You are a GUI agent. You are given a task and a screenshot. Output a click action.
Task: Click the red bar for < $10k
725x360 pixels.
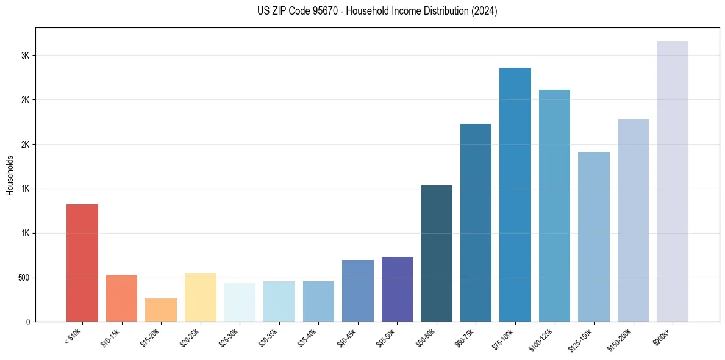pos(82,263)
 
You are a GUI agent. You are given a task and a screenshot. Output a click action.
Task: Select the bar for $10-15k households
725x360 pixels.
pos(121,298)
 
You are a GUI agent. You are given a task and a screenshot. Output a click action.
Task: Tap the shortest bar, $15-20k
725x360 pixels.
pos(161,310)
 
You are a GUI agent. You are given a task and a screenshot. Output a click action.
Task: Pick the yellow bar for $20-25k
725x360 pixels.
pos(201,297)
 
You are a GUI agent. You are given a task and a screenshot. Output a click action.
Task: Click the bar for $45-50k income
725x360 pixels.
pos(397,289)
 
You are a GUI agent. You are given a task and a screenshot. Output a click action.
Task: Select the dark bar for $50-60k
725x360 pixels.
pos(437,253)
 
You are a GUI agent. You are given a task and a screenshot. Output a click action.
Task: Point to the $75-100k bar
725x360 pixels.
pos(515,195)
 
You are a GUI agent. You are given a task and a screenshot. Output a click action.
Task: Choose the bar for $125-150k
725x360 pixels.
pos(594,237)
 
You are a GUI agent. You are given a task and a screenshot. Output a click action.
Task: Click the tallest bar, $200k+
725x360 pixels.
pos(673,181)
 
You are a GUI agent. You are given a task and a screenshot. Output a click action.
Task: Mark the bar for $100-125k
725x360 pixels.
pos(554,206)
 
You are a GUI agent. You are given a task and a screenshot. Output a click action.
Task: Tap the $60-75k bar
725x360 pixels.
pos(476,223)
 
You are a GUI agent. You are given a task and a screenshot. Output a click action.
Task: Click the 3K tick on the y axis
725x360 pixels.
pos(25,56)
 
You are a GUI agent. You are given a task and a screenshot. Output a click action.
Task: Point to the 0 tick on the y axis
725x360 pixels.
pos(27,322)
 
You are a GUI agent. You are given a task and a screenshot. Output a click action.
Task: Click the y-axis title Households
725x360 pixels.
pos(10,175)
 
